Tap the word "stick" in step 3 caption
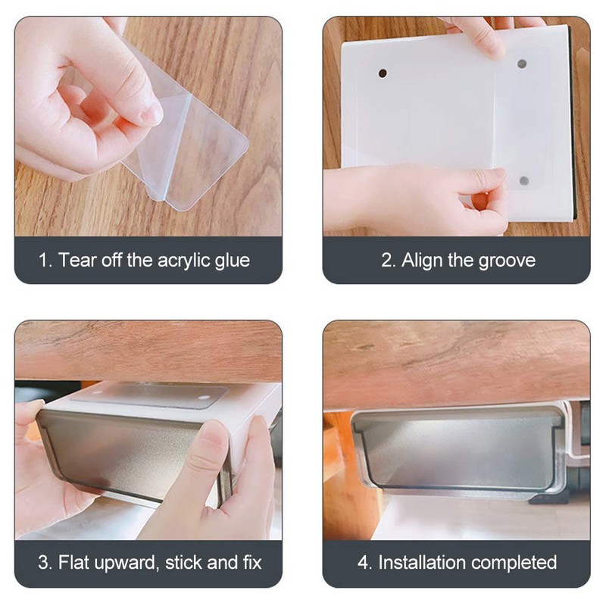(x=183, y=563)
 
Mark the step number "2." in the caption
(x=387, y=261)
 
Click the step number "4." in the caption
(x=364, y=563)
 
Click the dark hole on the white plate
(x=383, y=73)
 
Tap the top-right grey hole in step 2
(x=522, y=64)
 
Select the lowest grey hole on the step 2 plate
(x=523, y=181)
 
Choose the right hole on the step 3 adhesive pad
(x=205, y=396)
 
